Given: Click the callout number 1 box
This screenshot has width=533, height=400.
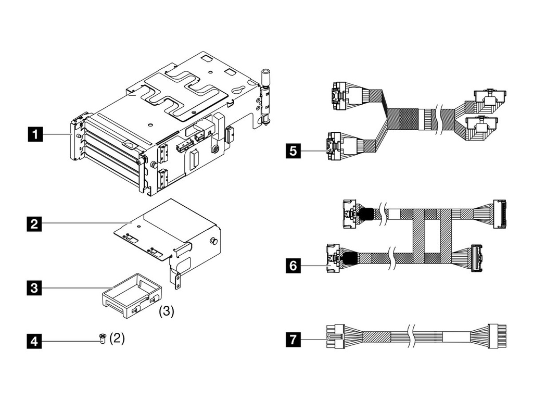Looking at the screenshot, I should (x=35, y=135).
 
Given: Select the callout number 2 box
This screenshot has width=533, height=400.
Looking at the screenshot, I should (x=35, y=224).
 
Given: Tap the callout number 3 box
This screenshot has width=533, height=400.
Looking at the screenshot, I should (x=35, y=287).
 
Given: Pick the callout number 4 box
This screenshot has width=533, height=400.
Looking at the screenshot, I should (x=35, y=342).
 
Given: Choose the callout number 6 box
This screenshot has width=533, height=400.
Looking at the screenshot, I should (x=293, y=266).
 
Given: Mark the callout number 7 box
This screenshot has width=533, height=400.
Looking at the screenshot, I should (x=293, y=341).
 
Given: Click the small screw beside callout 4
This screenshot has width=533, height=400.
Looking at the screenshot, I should (x=102, y=339).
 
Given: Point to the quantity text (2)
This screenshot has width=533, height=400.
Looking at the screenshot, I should (x=117, y=338).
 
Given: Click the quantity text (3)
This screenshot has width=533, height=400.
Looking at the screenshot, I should (x=166, y=311).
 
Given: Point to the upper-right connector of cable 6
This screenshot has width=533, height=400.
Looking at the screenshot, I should (x=499, y=214).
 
